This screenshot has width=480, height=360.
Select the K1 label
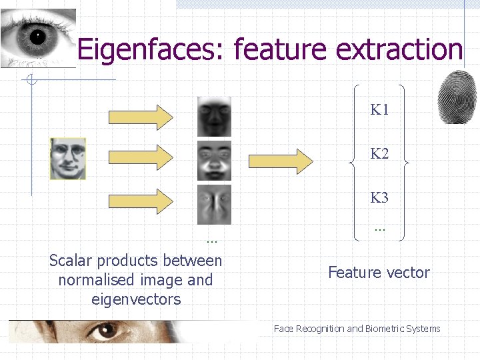click(379, 110)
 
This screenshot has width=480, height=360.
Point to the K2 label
click(379, 154)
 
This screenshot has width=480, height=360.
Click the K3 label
click(379, 198)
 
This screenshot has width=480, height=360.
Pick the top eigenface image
click(214, 116)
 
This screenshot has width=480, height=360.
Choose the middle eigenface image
click(214, 160)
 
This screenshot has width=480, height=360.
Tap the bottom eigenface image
click(214, 204)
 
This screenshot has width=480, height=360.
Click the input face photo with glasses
click(68, 159)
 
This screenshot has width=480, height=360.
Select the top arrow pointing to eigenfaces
click(140, 117)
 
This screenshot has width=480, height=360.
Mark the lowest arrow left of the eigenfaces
click(140, 201)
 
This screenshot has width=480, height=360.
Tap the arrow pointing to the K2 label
click(281, 159)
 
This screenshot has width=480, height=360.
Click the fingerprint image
click(457, 97)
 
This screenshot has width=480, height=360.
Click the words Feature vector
click(379, 272)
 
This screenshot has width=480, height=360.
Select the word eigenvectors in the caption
click(136, 299)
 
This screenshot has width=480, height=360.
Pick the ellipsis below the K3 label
click(380, 229)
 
